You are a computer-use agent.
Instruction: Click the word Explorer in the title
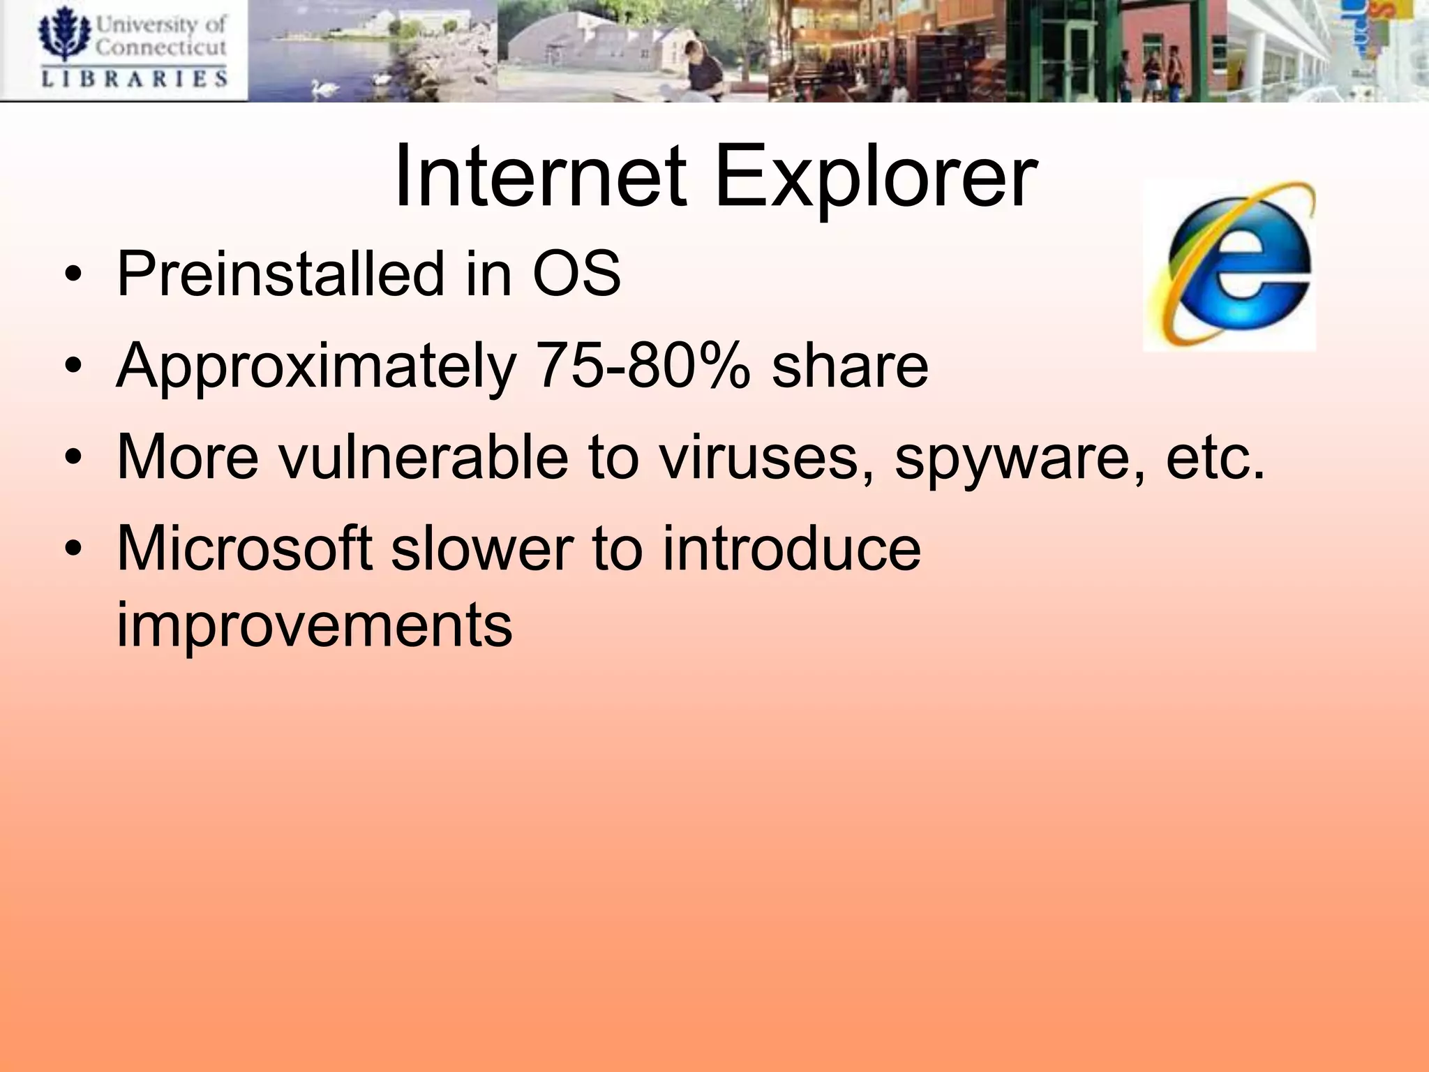pos(876,179)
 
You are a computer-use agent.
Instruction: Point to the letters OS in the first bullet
pos(576,274)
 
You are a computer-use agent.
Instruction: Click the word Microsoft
pos(244,549)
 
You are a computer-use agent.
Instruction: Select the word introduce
pos(791,549)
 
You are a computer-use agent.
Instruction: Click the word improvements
pos(314,625)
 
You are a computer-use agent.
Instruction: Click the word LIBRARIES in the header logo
pos(135,77)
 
